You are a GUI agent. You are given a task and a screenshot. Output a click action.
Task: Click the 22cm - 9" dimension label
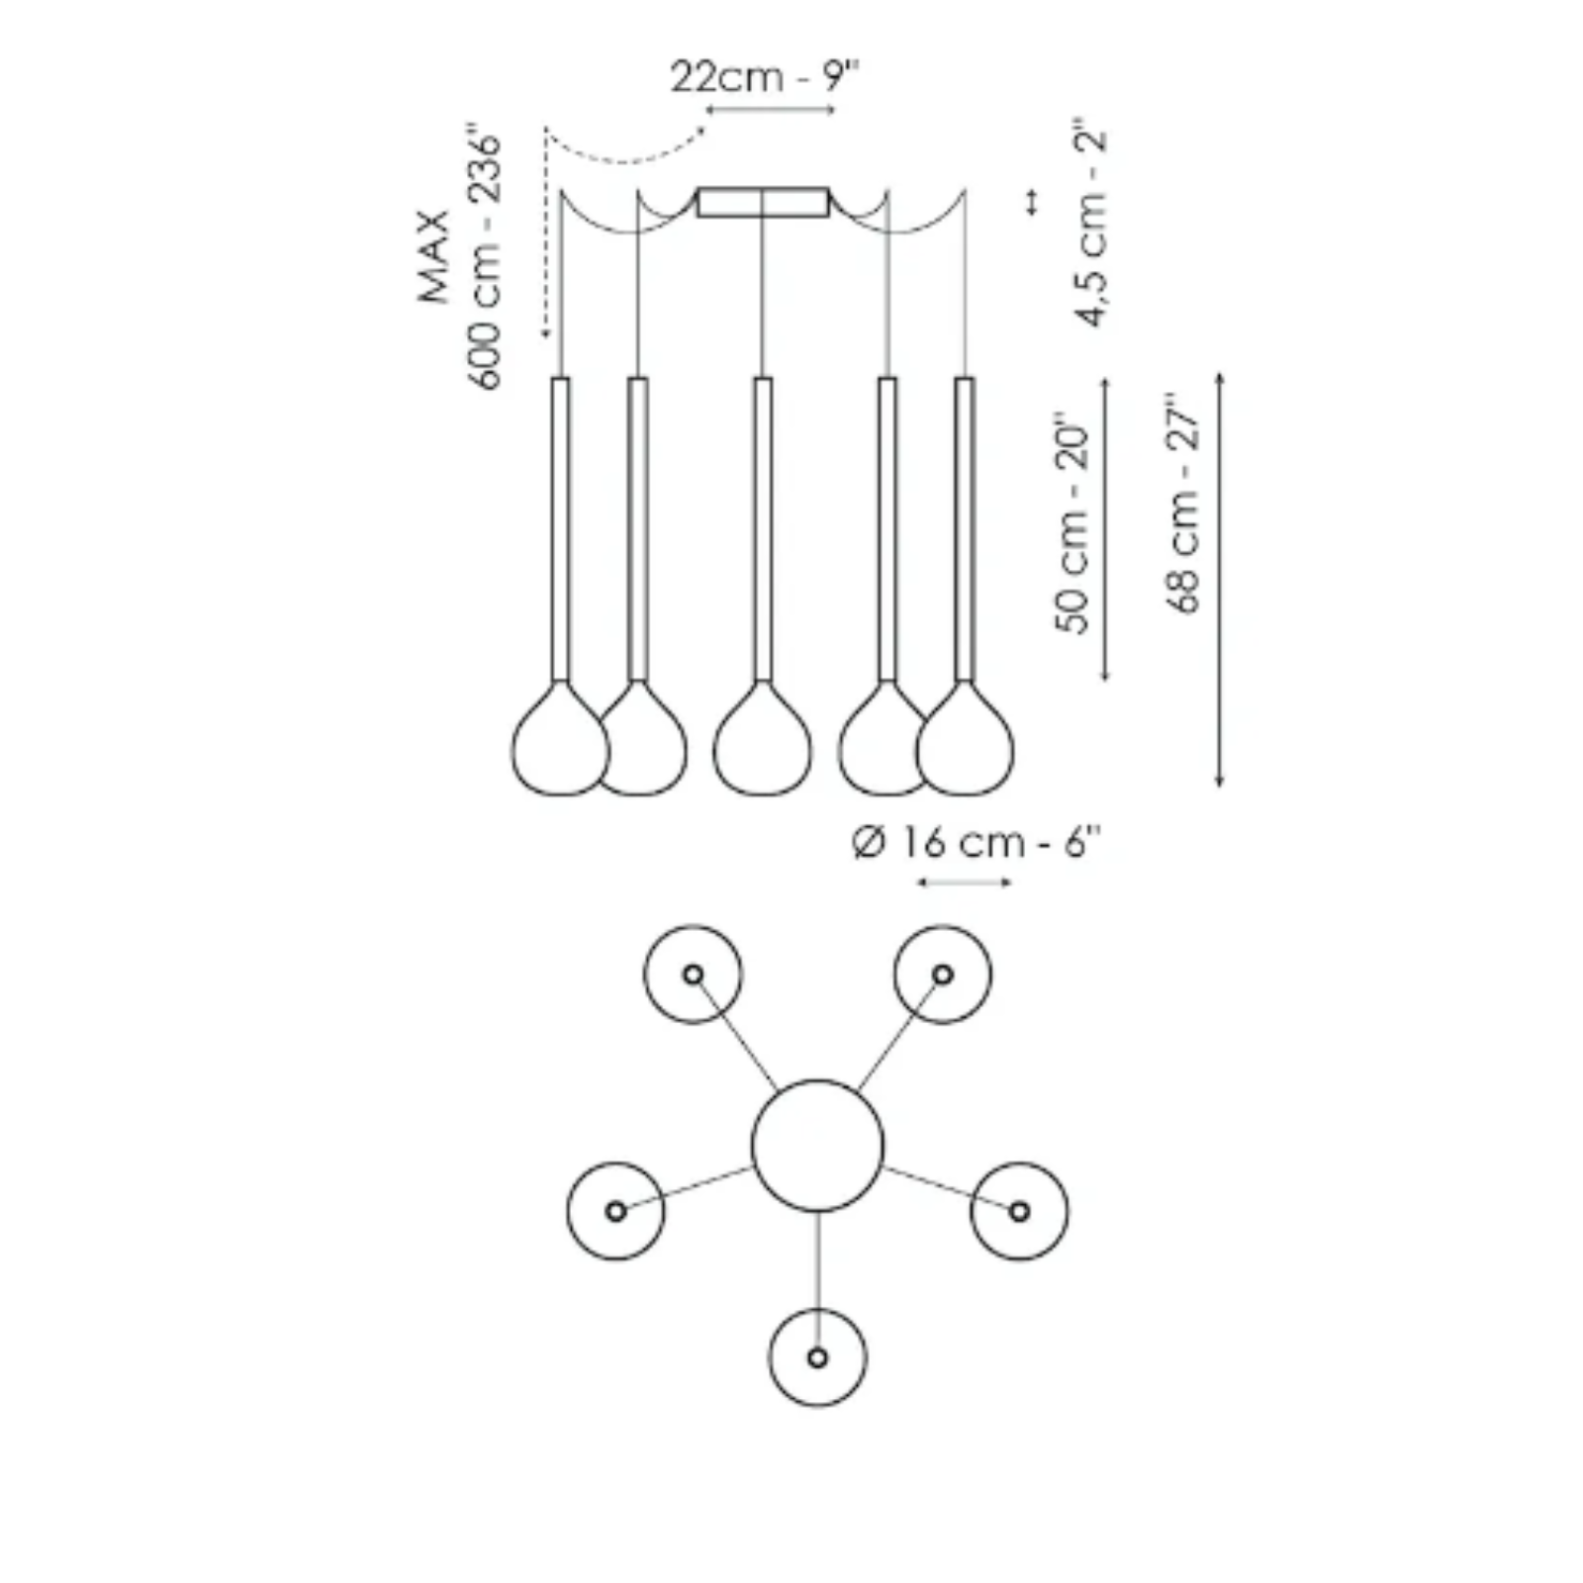coord(765,76)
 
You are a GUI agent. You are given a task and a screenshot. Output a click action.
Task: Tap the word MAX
coord(434,256)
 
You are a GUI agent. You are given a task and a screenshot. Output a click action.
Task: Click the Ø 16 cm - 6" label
coord(976,843)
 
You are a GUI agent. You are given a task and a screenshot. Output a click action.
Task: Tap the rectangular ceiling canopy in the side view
coord(763,202)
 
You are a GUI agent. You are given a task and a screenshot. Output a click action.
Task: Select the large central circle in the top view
coord(817,1146)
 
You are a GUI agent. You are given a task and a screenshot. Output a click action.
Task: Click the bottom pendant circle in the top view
coord(817,1357)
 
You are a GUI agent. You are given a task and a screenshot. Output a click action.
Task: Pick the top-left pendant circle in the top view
coord(693,975)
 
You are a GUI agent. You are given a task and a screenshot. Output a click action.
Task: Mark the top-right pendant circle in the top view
coord(942,975)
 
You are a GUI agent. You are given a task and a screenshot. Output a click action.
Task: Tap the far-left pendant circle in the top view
coord(615,1211)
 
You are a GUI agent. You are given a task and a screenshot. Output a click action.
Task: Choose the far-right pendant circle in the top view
coord(1019,1211)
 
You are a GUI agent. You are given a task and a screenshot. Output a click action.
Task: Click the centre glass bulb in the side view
coord(762,744)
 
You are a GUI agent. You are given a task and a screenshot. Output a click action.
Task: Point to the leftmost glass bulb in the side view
coord(559,744)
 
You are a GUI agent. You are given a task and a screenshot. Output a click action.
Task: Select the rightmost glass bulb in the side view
coord(966,744)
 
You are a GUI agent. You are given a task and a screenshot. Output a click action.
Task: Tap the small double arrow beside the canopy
coord(1032,202)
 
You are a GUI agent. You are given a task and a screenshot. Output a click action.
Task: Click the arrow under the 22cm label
coord(771,110)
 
